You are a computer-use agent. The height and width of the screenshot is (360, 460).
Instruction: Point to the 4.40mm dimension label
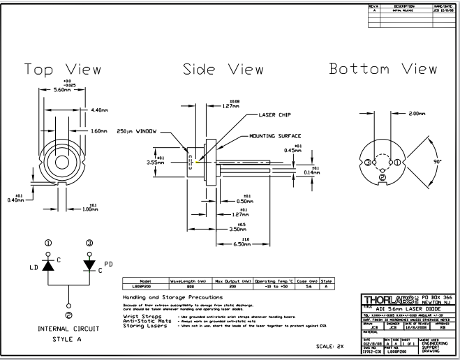99,110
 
